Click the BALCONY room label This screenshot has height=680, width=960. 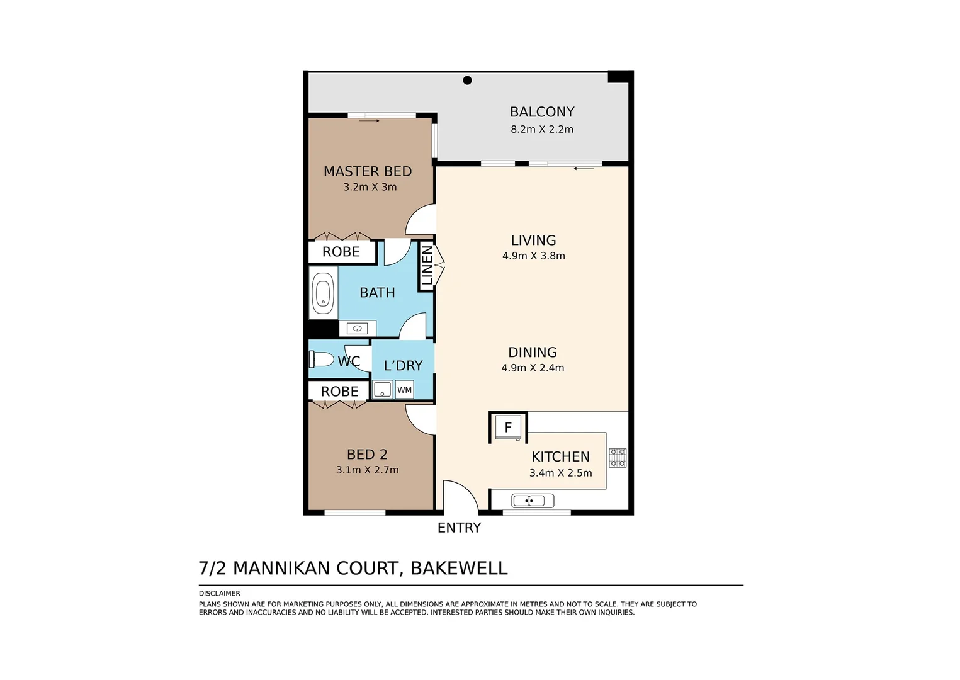pos(542,112)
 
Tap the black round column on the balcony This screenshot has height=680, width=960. pos(468,80)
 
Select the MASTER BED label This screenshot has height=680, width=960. pos(368,171)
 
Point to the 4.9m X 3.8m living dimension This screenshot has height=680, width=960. pos(534,256)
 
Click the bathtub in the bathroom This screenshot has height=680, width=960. pos(324,293)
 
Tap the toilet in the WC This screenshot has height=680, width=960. pos(322,360)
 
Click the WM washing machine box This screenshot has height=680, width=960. pos(404,390)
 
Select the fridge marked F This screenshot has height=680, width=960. pos(508,428)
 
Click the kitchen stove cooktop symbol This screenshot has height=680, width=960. pos(618,458)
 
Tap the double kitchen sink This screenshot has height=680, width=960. pos(533,501)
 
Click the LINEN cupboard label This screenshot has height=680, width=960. pos(427,266)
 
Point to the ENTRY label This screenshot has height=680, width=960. pos(459,528)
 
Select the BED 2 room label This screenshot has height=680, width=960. pos(367,454)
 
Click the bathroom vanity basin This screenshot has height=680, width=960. pos(358,329)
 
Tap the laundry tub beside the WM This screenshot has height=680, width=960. pos(382,390)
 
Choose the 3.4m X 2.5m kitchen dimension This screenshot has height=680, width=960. pos(560,473)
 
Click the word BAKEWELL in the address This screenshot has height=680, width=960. pos(459,568)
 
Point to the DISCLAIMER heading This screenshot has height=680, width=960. pos(220,593)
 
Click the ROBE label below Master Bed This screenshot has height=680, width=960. pos(341,252)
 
